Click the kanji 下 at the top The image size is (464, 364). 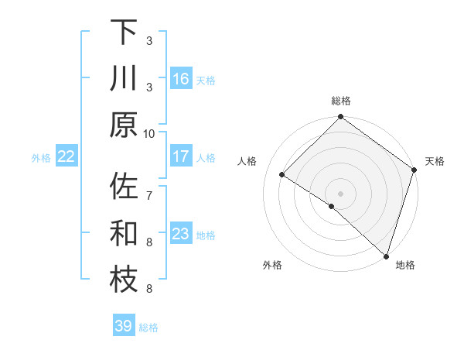coord(124,33)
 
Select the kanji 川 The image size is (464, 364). coord(124,78)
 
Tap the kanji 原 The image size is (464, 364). coord(124,124)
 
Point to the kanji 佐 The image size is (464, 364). coord(124,188)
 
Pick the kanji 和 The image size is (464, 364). coord(124,233)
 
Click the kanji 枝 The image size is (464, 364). coord(124,280)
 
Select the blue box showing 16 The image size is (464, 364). coord(181,79)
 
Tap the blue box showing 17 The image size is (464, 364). coord(181,156)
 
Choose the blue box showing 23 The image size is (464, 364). coord(181,234)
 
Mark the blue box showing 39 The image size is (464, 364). coord(124,326)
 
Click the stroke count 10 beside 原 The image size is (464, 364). coord(149,133)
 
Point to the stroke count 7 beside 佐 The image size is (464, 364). coord(149,187)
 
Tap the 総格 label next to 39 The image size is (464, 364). coord(149,328)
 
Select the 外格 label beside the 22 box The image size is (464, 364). coord(41,158)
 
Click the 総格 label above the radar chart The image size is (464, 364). coord(341,101)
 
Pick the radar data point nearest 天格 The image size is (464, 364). coord(415,170)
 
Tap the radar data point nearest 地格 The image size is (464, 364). coord(386,255)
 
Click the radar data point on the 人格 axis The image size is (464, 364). coord(282,174)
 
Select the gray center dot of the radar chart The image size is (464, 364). coord(341,193)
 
